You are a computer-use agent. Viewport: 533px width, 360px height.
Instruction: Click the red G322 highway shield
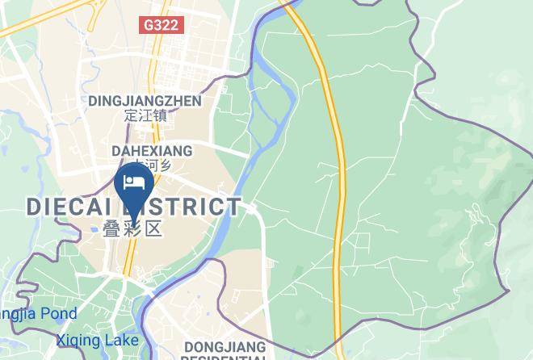click(162, 25)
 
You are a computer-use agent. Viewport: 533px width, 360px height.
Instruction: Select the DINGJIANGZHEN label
click(145, 101)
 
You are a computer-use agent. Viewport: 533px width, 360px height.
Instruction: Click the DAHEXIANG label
click(152, 151)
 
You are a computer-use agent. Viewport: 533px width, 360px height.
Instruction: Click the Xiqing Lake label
click(97, 341)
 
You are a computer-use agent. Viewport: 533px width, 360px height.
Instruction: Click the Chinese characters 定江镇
click(145, 115)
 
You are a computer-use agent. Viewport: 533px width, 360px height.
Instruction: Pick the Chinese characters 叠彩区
click(133, 228)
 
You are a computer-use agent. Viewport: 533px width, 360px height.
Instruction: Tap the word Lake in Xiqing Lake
click(122, 341)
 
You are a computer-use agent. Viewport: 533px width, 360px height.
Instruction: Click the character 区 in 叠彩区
click(153, 228)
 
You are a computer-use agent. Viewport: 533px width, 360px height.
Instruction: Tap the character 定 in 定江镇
click(132, 115)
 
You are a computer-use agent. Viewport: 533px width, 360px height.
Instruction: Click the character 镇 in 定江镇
click(159, 115)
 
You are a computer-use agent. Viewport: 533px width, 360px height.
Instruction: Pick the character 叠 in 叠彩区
click(113, 228)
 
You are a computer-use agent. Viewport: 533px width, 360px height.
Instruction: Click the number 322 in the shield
click(167, 25)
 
